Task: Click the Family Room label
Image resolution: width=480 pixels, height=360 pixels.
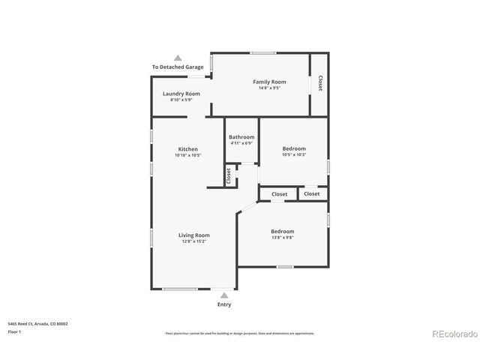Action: point(268,82)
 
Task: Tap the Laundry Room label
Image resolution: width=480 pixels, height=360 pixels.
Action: point(181,94)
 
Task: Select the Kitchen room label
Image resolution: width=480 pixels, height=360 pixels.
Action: point(187,149)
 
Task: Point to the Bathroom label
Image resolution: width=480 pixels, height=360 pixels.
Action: point(241,137)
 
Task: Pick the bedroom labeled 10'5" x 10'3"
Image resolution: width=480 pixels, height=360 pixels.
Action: point(294,148)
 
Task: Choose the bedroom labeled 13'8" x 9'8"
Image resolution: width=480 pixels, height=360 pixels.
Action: point(283,232)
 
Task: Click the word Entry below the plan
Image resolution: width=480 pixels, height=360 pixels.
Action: point(224,304)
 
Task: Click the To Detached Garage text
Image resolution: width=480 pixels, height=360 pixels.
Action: point(178,67)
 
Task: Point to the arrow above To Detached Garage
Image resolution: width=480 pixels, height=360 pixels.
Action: point(178,57)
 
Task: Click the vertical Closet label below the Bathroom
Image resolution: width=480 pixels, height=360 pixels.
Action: point(228,175)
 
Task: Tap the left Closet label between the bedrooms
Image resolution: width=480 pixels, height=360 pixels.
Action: point(279,194)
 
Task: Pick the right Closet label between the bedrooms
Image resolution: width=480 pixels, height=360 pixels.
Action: point(312,194)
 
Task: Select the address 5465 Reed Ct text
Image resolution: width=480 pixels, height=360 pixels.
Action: point(37,323)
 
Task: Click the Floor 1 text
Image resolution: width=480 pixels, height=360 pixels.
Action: point(14,331)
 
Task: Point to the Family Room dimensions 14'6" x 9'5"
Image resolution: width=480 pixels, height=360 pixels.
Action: point(268,88)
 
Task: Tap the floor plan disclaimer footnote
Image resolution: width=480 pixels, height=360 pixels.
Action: point(239,333)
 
